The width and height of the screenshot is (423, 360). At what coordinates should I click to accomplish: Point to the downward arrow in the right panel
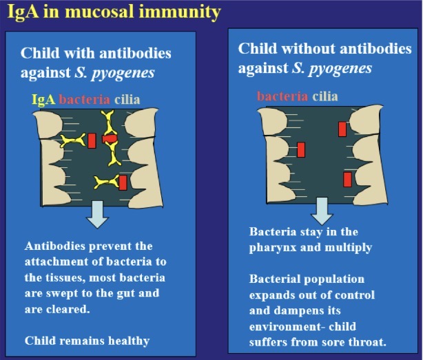coord(321,209)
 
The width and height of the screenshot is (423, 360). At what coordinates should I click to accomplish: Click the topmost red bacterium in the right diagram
coord(342,129)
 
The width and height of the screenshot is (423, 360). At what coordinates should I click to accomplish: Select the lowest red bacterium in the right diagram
coord(347,179)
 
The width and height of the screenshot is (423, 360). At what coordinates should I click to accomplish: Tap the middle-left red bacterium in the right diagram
coord(300,149)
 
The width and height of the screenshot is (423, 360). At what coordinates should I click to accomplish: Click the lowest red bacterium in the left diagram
coord(123,182)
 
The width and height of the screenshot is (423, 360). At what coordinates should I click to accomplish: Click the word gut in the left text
coord(132,293)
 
